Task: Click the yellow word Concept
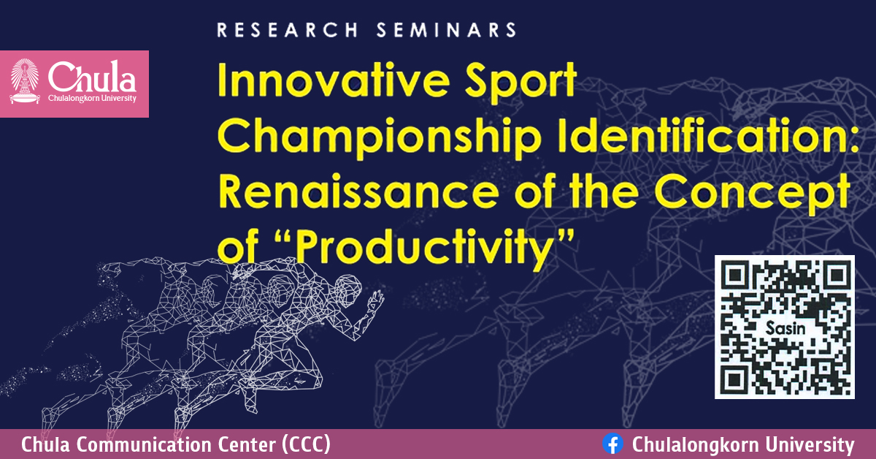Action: [766, 191]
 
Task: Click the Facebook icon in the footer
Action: [612, 444]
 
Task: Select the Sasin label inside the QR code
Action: [785, 328]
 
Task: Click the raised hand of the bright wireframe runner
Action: [377, 299]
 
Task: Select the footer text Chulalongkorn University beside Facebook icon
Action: [742, 444]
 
